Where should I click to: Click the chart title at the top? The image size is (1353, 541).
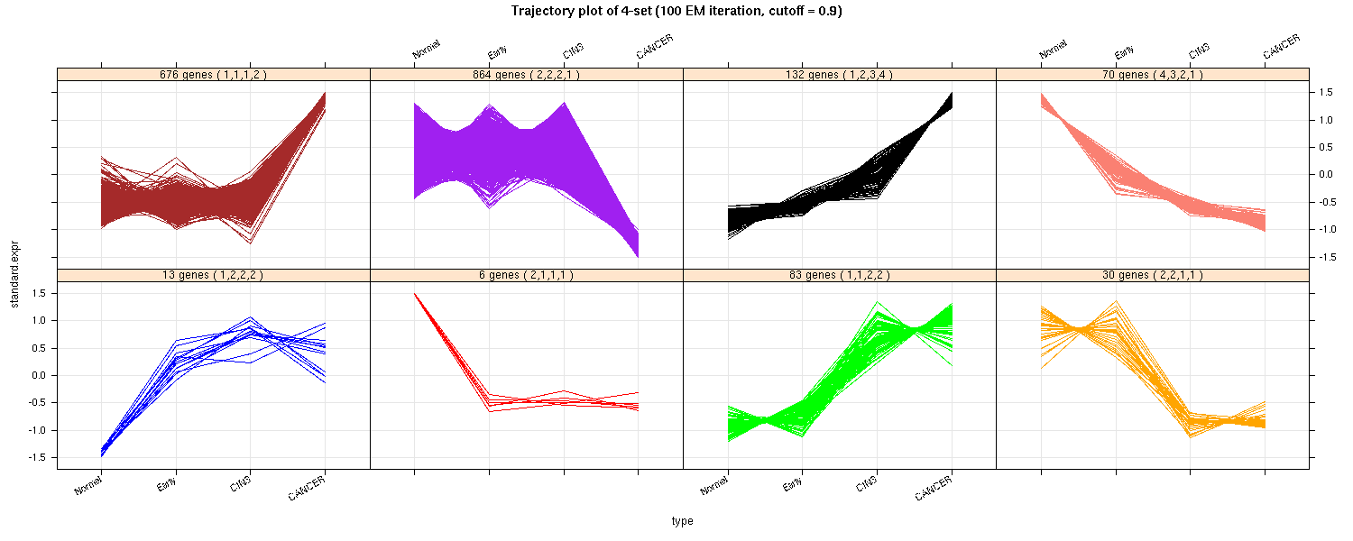[x=676, y=12]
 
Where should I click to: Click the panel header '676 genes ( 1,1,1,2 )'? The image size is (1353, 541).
[x=213, y=75]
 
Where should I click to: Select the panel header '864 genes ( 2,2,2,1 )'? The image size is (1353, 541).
[x=527, y=75]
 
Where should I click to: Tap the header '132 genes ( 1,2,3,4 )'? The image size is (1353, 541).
[x=840, y=75]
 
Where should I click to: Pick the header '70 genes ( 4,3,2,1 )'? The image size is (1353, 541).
[x=1153, y=75]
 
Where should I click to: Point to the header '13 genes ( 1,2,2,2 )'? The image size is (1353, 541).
[x=213, y=275]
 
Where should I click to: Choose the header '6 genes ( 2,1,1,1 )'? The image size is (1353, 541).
[x=527, y=275]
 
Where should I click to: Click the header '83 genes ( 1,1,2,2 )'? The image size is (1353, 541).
[x=840, y=275]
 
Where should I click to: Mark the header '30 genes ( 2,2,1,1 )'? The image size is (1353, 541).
[x=1153, y=275]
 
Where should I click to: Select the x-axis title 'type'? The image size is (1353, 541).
[x=682, y=521]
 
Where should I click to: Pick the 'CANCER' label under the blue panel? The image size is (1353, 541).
[x=307, y=491]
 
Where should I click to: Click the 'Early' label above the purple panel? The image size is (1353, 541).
[x=497, y=51]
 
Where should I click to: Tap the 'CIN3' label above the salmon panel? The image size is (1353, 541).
[x=1199, y=50]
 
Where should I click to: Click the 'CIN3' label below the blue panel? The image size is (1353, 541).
[x=240, y=486]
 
